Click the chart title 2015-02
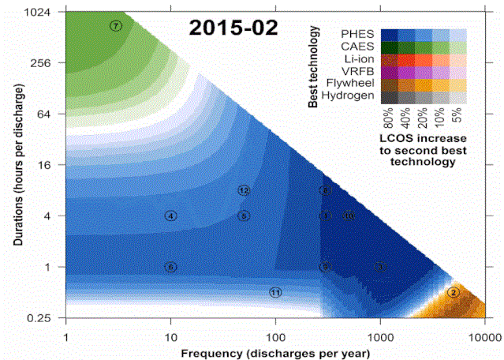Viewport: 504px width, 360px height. click(233, 28)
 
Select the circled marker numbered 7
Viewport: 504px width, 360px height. click(116, 26)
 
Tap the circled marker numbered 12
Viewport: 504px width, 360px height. click(244, 190)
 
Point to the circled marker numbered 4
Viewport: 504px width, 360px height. click(170, 216)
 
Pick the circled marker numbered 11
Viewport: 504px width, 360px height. click(275, 292)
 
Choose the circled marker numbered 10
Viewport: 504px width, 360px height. click(349, 216)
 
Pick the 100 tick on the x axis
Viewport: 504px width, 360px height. click(275, 335)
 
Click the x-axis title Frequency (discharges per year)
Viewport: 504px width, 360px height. click(274, 351)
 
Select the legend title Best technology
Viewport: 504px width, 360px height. click(313, 66)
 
